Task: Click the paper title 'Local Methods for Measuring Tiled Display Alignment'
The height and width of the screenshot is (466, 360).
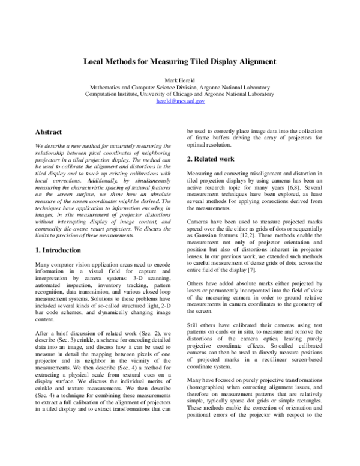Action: [180, 61]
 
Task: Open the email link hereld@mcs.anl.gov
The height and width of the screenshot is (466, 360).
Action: [180, 102]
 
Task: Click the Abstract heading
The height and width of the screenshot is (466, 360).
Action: [49, 131]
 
